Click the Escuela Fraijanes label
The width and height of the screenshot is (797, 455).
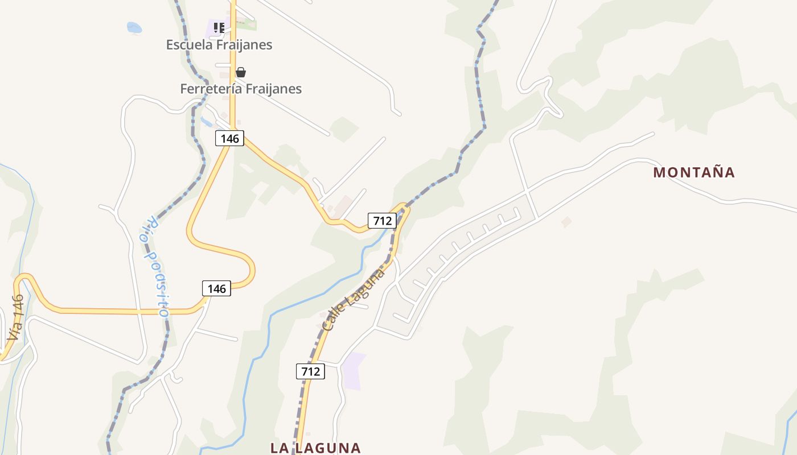219,44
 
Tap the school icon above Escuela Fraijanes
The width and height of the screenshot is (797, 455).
219,27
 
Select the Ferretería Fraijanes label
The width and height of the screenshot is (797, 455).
241,89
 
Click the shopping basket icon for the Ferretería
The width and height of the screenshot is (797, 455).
241,72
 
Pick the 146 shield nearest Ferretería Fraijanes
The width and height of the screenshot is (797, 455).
230,138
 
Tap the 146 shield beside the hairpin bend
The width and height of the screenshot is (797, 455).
216,288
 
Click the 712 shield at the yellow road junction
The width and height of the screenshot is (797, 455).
381,220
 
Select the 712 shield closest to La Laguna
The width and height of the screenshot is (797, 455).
310,371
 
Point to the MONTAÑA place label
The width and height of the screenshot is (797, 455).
694,172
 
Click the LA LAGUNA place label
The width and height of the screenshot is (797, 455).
315,448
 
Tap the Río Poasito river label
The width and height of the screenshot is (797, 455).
155,266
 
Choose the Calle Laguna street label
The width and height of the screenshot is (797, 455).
353,300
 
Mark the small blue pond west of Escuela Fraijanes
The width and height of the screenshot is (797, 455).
134,27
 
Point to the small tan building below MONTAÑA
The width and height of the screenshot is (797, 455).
566,222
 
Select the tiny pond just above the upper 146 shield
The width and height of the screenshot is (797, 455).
206,121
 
